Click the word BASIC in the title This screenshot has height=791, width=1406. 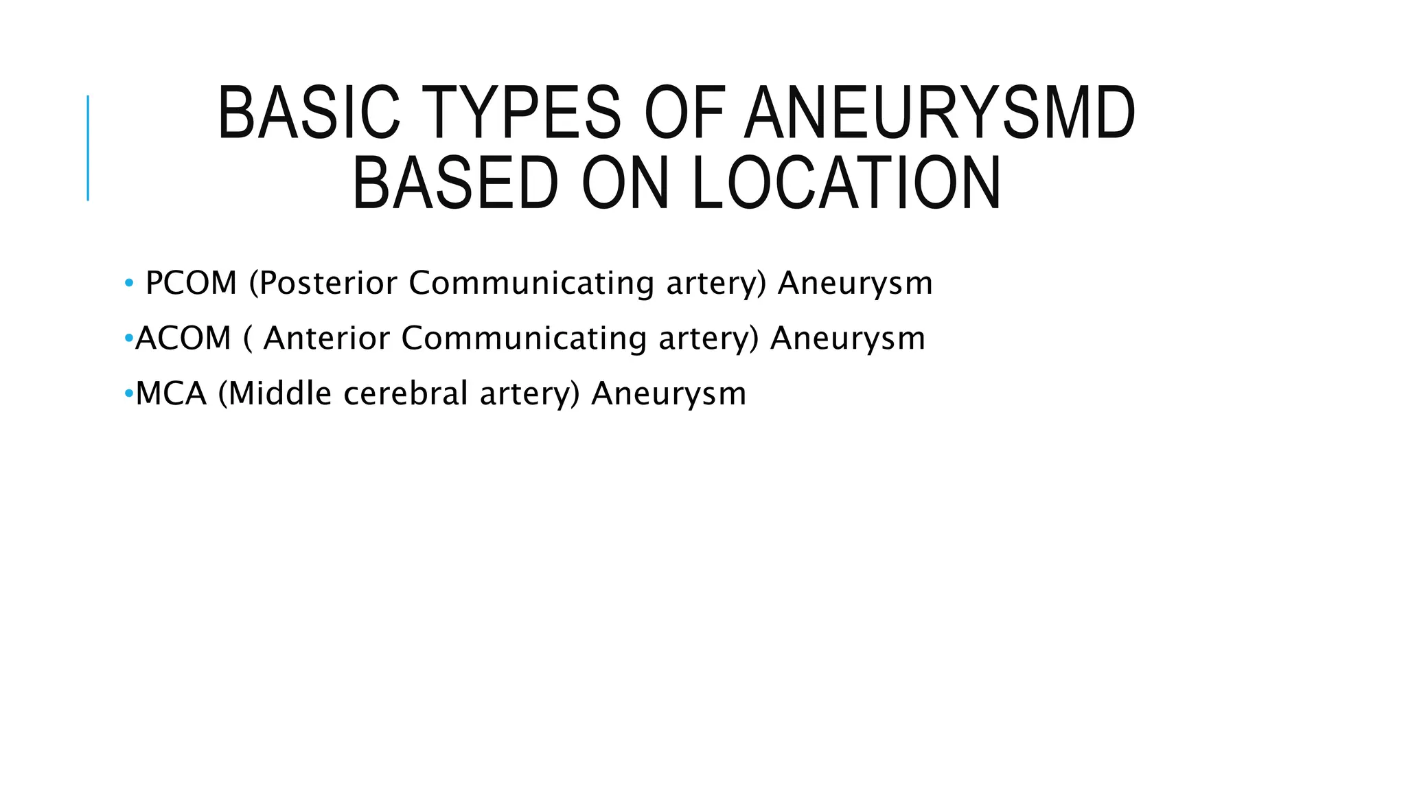coord(308,113)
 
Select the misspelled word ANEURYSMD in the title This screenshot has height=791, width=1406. coord(940,113)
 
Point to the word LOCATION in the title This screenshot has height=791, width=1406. coord(846,183)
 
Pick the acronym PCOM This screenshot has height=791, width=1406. coord(191,283)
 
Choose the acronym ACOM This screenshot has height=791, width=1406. coord(183,339)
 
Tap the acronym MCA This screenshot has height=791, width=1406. coord(171,394)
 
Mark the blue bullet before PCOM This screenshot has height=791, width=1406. coord(129,284)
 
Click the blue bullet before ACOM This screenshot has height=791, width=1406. coord(129,339)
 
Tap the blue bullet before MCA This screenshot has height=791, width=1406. coord(129,394)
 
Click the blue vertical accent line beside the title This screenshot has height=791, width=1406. coord(88,148)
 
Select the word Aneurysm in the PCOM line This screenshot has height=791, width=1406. coord(855,283)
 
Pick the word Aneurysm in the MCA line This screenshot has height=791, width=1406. coord(668,394)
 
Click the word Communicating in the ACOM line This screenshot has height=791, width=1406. coord(524,339)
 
